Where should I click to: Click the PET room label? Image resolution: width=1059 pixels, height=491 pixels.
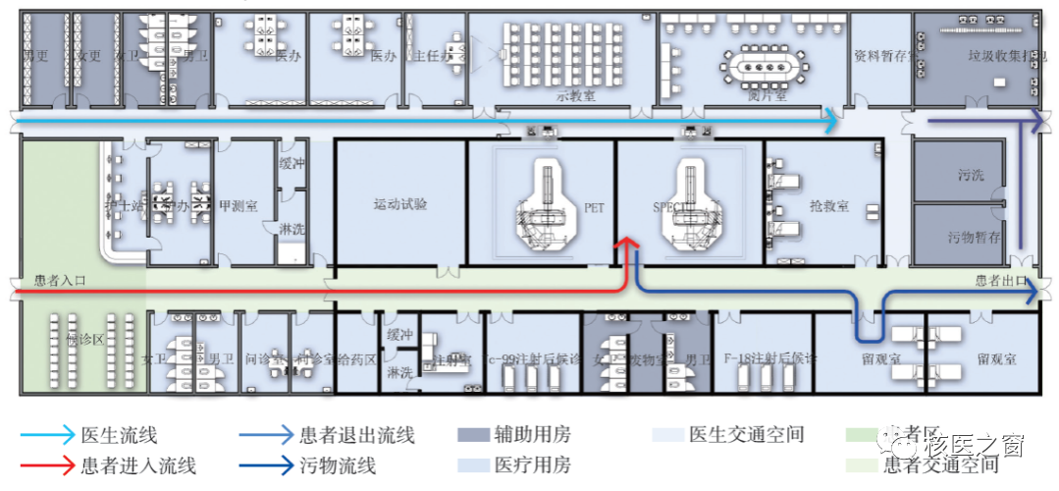[x=595, y=208]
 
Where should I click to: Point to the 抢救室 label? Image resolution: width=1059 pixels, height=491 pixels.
[x=829, y=208]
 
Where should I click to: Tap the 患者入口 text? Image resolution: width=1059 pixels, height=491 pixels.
[x=60, y=281]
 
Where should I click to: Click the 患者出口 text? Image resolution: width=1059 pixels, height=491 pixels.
[x=1000, y=281]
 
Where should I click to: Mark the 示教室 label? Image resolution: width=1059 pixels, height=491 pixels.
[x=576, y=95]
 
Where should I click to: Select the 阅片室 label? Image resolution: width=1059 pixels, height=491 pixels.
[x=767, y=95]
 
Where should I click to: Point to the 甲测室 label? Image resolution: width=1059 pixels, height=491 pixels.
[x=237, y=207]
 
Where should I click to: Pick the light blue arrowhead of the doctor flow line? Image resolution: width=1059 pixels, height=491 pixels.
[x=831, y=121]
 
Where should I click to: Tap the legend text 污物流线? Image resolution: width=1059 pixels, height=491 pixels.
[x=338, y=465]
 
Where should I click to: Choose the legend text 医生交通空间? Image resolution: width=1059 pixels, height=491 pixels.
[x=747, y=435]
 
